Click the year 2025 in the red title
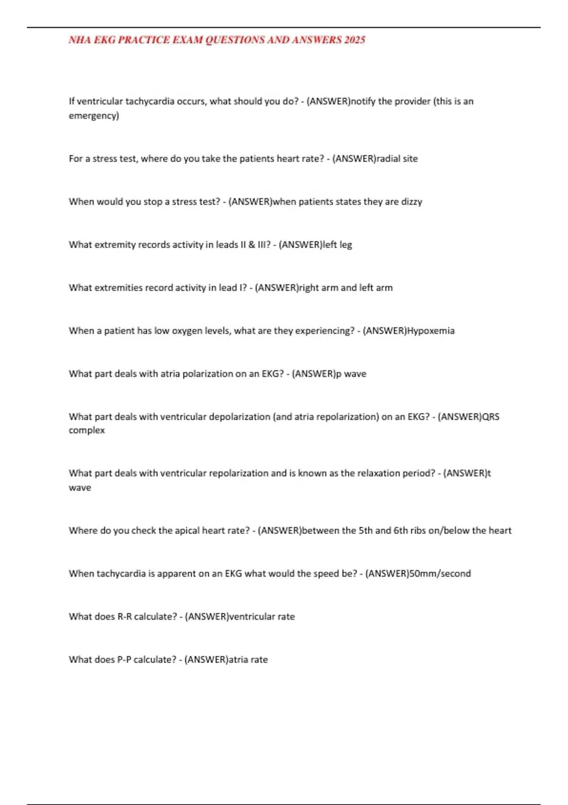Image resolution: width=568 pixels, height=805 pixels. pos(355,40)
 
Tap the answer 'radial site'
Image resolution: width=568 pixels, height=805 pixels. pos(397,159)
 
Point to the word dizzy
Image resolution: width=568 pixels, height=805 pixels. pos(411,202)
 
